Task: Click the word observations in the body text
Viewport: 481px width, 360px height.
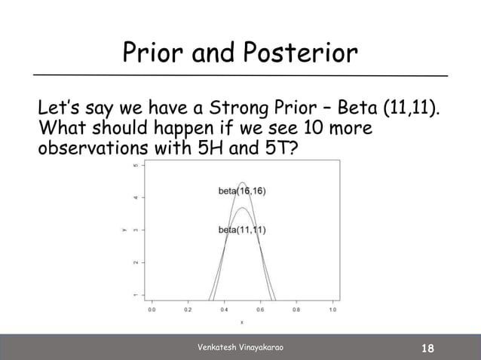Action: (92, 151)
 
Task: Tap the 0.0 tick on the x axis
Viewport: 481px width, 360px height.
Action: (152, 309)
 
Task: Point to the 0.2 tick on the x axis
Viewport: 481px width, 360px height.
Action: (188, 309)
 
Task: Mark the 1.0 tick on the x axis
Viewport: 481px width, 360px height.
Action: (333, 309)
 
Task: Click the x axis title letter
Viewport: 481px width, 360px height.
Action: (242, 322)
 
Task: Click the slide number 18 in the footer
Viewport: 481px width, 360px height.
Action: (428, 348)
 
